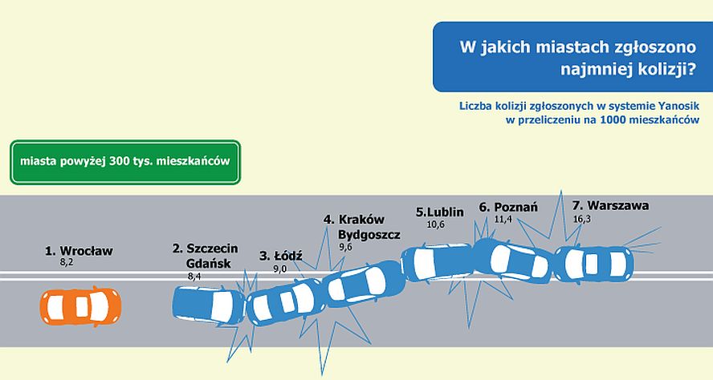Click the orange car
[x=80, y=306]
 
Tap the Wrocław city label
[x=86, y=251]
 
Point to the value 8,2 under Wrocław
[x=67, y=262]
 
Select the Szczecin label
[x=212, y=249]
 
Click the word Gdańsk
[x=209, y=263]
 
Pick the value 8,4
[x=194, y=276]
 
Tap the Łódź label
[x=287, y=256]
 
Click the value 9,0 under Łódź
[x=280, y=269]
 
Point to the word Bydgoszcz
[x=369, y=235]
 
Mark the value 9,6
[x=345, y=248]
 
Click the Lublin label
[x=446, y=212]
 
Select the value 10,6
[x=436, y=224]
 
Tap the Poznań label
[x=515, y=207]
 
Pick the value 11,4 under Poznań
[x=503, y=219]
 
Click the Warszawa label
[x=618, y=205]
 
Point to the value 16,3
[x=581, y=219]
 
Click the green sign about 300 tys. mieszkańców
[x=125, y=162]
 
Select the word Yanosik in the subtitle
[x=679, y=106]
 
